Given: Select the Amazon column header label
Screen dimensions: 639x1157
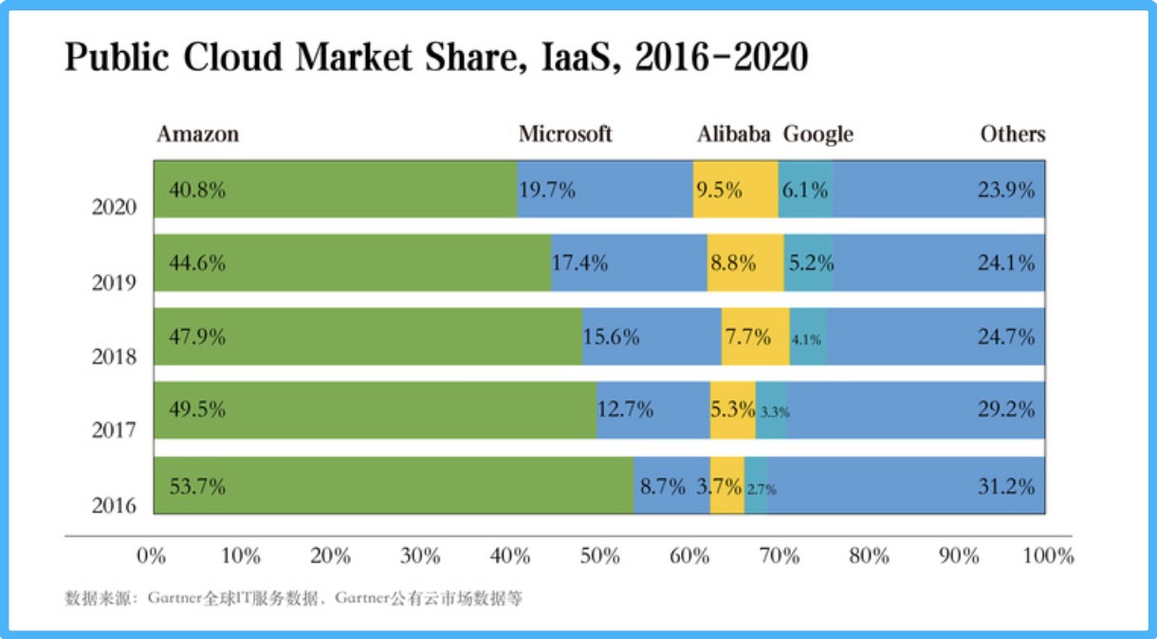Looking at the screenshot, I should [x=198, y=134].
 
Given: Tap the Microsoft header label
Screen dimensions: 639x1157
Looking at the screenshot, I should [x=565, y=134].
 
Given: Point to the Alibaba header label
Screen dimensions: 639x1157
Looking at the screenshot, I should [x=734, y=134].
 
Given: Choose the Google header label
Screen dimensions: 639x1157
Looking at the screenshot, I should [x=817, y=134].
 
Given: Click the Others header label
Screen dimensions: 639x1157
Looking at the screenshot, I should [x=1013, y=134].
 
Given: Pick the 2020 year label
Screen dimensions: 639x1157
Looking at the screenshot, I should [x=114, y=208].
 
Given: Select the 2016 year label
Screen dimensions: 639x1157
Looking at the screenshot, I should [x=114, y=505].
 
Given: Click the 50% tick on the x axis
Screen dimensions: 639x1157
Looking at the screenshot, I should [x=599, y=556].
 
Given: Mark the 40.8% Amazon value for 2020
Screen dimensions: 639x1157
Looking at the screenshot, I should [x=197, y=190].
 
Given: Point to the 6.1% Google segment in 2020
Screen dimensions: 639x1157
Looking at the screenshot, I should [x=806, y=190].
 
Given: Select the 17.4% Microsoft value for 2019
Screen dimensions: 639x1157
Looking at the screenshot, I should [x=580, y=264].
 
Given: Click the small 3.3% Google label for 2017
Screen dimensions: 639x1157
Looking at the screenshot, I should [x=774, y=412].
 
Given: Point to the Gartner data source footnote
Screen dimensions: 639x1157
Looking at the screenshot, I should [x=294, y=599].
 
